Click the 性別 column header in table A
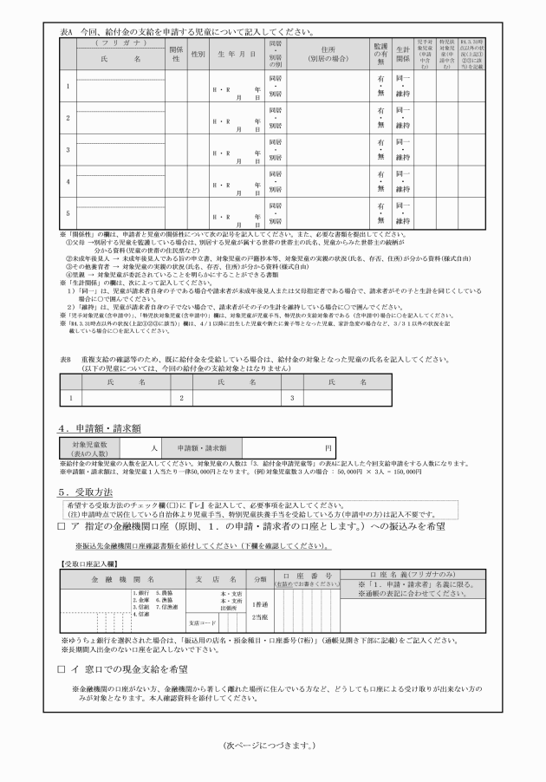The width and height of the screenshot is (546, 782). click(x=197, y=55)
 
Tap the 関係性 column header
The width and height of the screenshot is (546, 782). click(x=174, y=55)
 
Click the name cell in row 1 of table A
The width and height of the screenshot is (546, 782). click(x=120, y=87)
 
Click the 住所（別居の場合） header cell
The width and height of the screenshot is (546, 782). click(x=328, y=55)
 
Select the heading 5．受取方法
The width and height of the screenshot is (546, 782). click(x=90, y=492)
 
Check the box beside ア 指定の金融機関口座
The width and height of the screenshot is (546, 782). click(x=62, y=526)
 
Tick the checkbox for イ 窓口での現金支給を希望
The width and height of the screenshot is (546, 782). click(x=62, y=669)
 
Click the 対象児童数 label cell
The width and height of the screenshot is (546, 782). click(x=84, y=448)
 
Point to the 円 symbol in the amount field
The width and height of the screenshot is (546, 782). click(x=328, y=448)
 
